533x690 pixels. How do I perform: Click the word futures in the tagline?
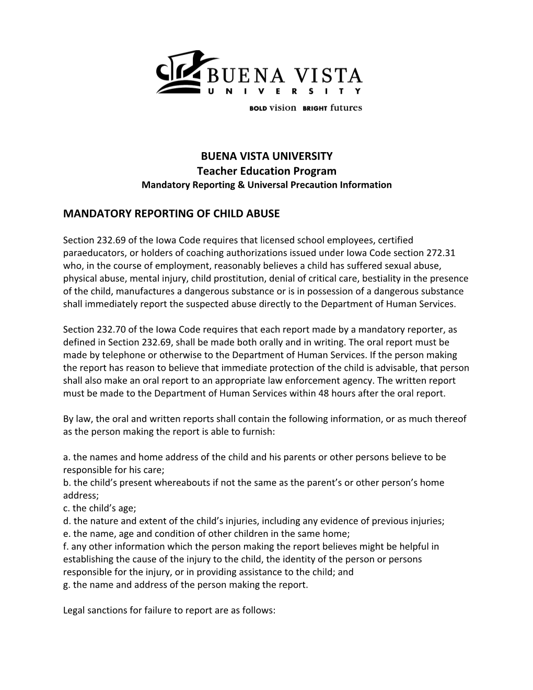(346, 108)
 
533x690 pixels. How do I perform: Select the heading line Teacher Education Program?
(266, 171)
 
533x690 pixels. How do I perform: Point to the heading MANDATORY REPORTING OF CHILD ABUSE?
(171, 213)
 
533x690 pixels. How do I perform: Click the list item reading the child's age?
(91, 508)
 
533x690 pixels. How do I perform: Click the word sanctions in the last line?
(106, 610)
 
